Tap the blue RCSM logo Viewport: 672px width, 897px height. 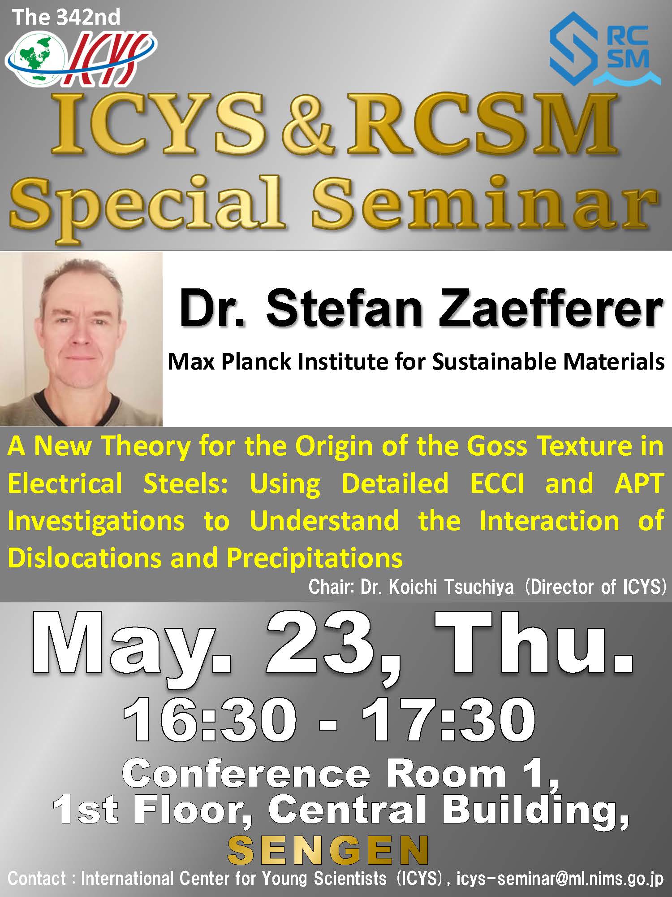[x=605, y=49]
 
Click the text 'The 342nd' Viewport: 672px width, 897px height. [x=66, y=17]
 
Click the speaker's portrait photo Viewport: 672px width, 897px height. [x=81, y=339]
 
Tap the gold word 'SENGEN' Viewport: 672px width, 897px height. [x=328, y=849]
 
